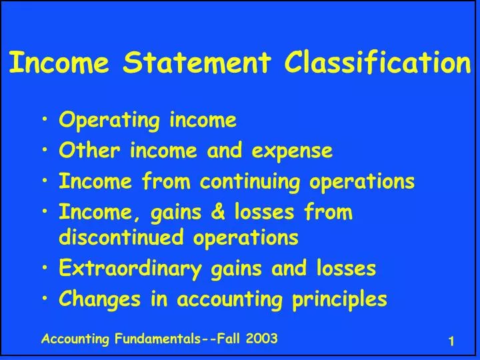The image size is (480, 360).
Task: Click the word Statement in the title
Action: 198,63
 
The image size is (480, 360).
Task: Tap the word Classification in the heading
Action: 377,63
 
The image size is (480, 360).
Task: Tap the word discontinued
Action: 117,237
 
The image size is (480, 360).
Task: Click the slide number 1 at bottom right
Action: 451,341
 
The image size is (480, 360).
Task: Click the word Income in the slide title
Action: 54,63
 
